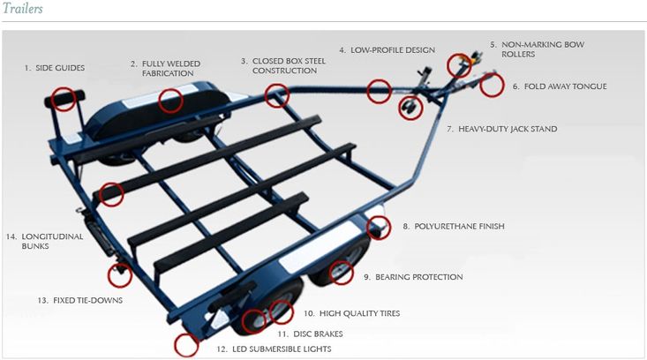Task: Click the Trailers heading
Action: pos(22,9)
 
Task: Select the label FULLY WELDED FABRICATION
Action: pos(167,69)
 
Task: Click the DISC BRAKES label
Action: pos(309,334)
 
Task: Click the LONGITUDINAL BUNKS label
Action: pos(36,242)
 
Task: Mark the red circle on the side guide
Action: pos(64,97)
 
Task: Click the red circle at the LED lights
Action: pos(186,345)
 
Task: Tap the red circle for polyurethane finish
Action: pos(379,228)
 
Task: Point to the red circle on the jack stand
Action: pos(410,108)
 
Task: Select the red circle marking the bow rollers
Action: pos(458,65)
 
